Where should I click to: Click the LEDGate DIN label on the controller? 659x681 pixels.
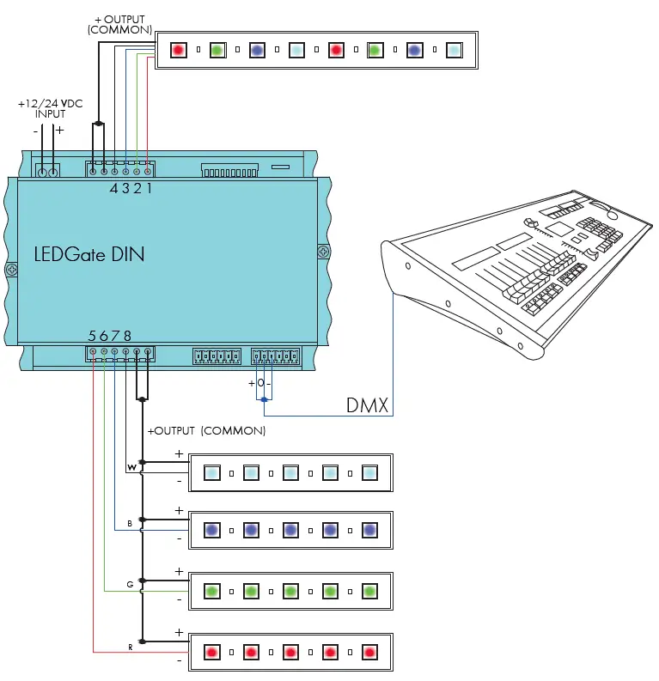coord(89,254)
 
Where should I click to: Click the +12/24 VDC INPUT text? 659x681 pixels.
coord(50,108)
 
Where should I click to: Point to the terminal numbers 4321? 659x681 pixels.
coord(131,188)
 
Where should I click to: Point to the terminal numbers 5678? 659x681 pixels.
coord(110,336)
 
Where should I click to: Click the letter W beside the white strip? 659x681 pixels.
coord(131,467)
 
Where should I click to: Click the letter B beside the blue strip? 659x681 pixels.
coord(130,523)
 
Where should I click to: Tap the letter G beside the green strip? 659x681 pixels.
coord(130,584)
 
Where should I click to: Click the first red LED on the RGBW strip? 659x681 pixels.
coord(178,50)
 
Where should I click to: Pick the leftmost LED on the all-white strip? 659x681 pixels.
coord(211,472)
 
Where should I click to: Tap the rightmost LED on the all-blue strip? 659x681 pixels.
coord(369,531)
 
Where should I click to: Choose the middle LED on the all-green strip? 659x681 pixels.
coord(290,591)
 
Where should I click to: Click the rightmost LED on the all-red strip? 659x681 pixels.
coord(369,652)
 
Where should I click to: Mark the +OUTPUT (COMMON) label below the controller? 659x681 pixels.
coord(206,430)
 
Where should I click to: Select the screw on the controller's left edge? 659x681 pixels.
coord(11,270)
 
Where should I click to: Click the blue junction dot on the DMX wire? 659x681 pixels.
coord(264,400)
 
